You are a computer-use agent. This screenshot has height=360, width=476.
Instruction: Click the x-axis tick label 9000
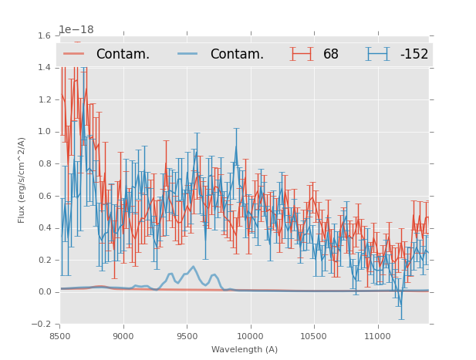123,335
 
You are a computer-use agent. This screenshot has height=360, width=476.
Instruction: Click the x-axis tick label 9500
187,335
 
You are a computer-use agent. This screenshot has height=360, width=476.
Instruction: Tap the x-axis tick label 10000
250,335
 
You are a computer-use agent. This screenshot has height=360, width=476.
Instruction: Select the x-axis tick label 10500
314,335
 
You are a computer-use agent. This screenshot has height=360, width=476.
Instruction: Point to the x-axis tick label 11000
377,335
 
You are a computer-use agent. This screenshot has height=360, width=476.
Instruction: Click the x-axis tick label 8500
60,335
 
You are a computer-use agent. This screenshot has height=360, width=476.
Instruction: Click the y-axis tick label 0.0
44,292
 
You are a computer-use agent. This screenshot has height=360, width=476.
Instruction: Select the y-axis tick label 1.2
44,99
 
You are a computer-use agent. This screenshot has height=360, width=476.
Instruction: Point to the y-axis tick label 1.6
44,35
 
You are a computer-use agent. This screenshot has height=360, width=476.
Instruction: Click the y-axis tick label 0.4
44,228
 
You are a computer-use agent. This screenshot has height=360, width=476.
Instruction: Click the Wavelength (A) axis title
245,349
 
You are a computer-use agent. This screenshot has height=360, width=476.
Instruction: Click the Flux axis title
22,180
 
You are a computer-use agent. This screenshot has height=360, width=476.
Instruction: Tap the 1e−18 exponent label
76,30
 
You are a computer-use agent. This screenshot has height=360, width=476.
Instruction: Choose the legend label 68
330,54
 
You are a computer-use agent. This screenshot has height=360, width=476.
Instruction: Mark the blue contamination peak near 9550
194,267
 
